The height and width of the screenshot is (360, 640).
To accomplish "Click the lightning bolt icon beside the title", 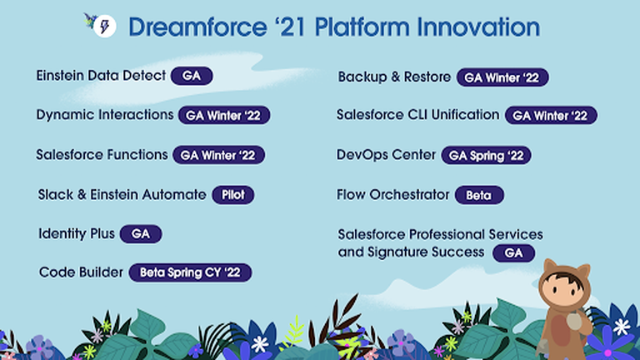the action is pyautogui.click(x=105, y=27).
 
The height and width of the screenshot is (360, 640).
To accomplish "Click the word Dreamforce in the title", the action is pyautogui.click(x=197, y=27).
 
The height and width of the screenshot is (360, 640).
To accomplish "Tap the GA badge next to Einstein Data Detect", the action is pyautogui.click(x=192, y=76).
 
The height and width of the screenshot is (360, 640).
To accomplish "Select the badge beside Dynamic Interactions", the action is pyautogui.click(x=224, y=116).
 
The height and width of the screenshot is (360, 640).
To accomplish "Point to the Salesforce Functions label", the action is pyautogui.click(x=102, y=155).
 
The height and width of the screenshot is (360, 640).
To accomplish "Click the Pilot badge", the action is pyautogui.click(x=233, y=195).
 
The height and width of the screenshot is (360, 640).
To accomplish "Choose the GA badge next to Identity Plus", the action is pyautogui.click(x=141, y=234).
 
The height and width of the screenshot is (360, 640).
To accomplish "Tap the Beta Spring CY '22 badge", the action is pyautogui.click(x=190, y=272).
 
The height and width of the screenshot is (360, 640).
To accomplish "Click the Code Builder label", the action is pyautogui.click(x=81, y=272).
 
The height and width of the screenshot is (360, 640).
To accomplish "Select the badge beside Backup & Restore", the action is pyautogui.click(x=502, y=77).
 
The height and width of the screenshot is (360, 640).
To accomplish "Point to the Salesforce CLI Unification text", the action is pyautogui.click(x=418, y=115).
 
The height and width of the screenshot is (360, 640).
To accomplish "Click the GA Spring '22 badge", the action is pyautogui.click(x=486, y=156).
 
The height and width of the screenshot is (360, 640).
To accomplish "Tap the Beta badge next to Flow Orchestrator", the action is pyautogui.click(x=479, y=195).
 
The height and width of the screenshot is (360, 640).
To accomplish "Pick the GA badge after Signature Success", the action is pyautogui.click(x=513, y=253).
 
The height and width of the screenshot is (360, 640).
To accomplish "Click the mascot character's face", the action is pyautogui.click(x=565, y=291).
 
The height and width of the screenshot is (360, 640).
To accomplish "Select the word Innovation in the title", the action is pyautogui.click(x=478, y=27).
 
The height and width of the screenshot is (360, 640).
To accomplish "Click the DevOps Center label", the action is pyautogui.click(x=386, y=155).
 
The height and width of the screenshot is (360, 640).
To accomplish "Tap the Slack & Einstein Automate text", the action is pyautogui.click(x=122, y=195).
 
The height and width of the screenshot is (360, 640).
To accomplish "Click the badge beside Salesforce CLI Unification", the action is pyautogui.click(x=551, y=116).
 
